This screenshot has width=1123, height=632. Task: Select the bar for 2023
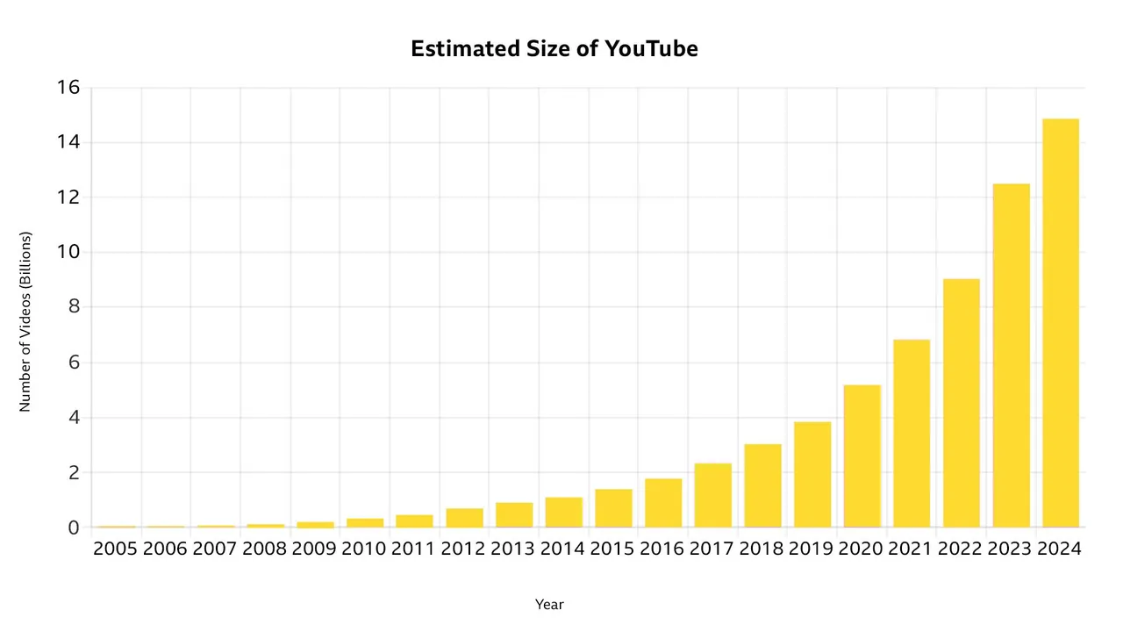[1011, 355]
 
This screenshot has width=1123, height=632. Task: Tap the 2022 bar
[961, 403]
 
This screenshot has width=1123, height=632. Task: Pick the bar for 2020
[862, 456]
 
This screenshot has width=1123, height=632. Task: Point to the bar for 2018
[762, 485]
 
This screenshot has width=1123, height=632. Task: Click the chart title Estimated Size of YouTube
[554, 49]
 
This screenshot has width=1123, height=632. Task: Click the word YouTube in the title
[651, 49]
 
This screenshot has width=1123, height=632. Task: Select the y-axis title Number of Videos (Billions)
[25, 321]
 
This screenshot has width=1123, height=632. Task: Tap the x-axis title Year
[549, 605]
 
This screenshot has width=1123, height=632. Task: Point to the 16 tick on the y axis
[68, 88]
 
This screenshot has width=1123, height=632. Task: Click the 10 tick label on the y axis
[68, 253]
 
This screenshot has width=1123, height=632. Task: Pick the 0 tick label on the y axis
[75, 528]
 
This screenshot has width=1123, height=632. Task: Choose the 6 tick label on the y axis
[75, 363]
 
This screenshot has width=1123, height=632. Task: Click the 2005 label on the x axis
[116, 549]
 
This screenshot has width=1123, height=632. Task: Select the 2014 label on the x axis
[563, 549]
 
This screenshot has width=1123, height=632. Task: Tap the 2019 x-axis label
[812, 549]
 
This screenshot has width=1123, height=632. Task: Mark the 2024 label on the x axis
[1060, 549]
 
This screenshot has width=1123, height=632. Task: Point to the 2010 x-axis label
[364, 549]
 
